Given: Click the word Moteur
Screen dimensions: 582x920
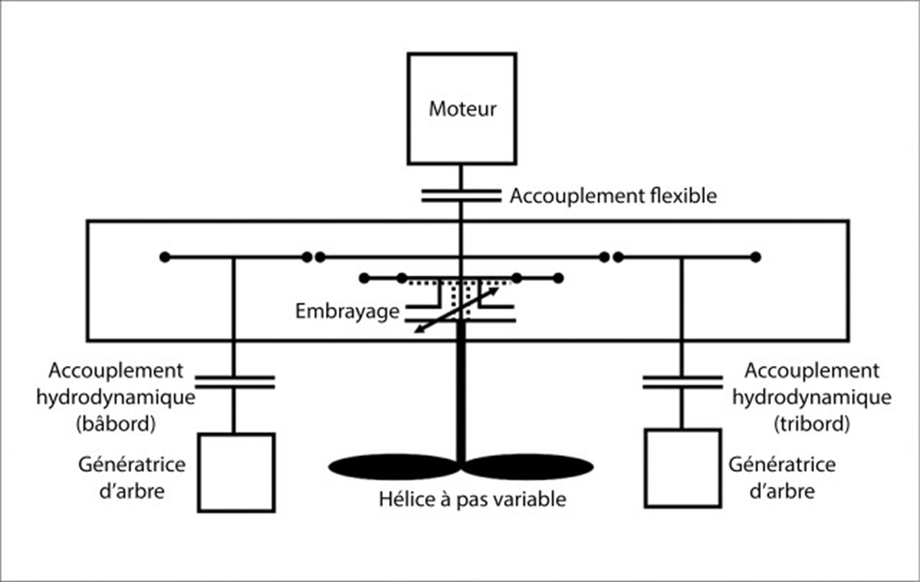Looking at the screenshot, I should tap(463, 109).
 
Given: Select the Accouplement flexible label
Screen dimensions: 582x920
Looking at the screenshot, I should tap(613, 196).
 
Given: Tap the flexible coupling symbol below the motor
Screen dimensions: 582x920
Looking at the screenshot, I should tap(461, 196).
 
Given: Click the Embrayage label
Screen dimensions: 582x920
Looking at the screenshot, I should tap(347, 311).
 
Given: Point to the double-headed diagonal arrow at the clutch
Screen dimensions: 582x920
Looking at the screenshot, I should tap(457, 310).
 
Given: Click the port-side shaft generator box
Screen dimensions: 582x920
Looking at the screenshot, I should tap(236, 473).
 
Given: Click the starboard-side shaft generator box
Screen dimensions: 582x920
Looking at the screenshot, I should tap(683, 469).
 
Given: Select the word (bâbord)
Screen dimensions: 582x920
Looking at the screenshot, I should tap(116, 424).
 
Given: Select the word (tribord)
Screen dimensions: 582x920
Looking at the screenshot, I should tap(812, 424).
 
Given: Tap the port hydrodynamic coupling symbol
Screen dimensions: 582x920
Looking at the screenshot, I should tap(234, 382).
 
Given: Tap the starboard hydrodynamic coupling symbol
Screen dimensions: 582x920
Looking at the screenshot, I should tap(682, 382).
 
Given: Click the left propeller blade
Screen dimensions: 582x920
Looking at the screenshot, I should tap(394, 466).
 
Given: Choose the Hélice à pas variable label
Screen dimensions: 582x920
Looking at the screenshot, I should tap(472, 499).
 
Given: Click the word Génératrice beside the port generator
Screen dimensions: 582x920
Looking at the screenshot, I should tap(132, 464).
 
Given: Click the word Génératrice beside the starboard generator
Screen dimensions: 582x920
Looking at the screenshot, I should tap(782, 464).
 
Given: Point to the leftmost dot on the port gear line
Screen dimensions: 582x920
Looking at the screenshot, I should tap(165, 257).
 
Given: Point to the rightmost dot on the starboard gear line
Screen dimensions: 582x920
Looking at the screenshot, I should tap(756, 257).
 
